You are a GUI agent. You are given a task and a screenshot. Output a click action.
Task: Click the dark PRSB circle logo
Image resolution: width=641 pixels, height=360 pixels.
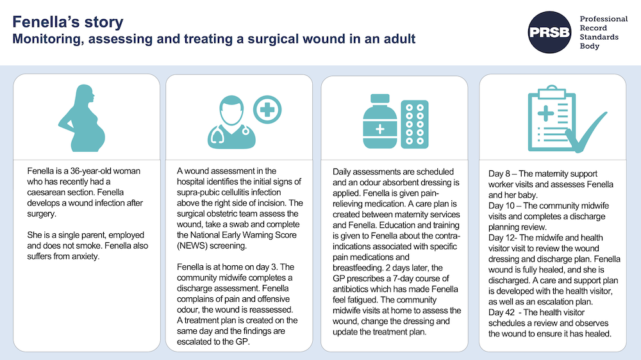pos(549,32)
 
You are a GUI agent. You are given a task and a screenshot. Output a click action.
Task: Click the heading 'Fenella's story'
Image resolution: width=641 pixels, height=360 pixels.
pos(68,22)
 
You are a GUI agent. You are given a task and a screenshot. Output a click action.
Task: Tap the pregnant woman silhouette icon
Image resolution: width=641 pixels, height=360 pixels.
pos(83,118)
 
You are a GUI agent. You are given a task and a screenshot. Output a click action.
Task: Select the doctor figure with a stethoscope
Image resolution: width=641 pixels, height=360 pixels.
pos(231,122)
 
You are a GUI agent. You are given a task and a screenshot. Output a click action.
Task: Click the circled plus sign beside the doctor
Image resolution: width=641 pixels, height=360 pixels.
pos(267,110)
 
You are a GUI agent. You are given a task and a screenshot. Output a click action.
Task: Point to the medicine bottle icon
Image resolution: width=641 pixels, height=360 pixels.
pos(379,121)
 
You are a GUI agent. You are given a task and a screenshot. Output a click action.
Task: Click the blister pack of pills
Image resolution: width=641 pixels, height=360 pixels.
pos(415,124)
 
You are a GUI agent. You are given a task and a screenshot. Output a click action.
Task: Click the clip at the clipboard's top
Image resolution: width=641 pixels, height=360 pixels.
pos(552,92)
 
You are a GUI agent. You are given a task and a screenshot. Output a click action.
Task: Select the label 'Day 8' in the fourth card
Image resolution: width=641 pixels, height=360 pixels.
pos(499,174)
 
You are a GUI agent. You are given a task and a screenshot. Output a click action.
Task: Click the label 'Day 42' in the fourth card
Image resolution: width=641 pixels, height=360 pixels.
pos(502,313)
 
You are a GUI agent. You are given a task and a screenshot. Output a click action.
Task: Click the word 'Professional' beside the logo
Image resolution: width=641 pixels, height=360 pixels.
pos(603,19)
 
